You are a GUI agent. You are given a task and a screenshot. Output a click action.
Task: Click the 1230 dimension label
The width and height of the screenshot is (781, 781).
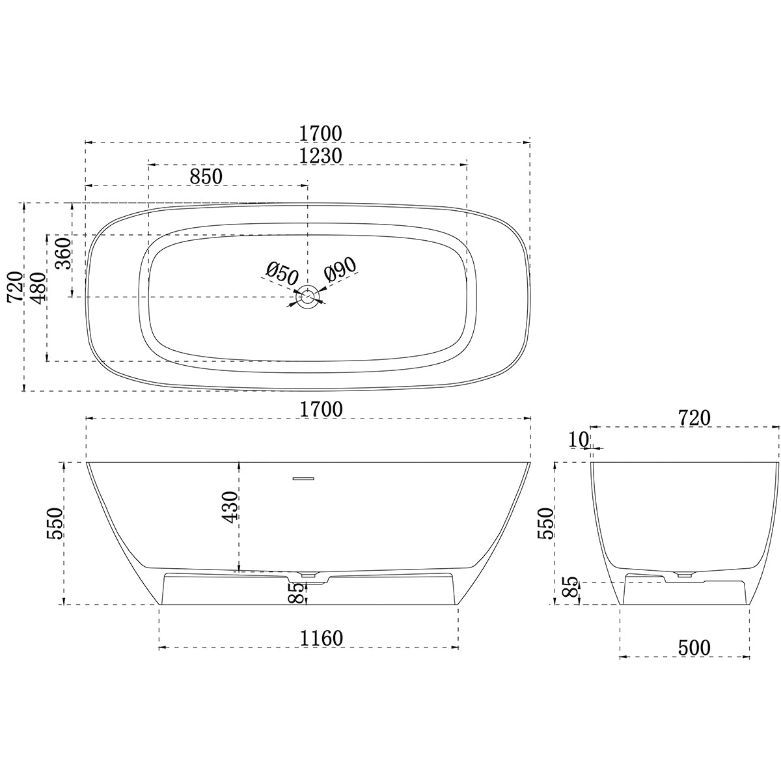tap(321, 156)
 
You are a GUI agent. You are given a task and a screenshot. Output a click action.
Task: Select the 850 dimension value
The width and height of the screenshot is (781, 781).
tap(206, 176)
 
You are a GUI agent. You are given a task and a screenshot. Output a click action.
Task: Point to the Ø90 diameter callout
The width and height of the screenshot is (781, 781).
tap(340, 269)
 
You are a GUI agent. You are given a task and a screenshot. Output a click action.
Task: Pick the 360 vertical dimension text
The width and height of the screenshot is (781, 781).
tap(62, 254)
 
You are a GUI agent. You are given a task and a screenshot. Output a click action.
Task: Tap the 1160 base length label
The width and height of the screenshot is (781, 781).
tap(321, 638)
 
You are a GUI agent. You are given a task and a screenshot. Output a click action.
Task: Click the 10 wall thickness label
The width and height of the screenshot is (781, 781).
tap(579, 439)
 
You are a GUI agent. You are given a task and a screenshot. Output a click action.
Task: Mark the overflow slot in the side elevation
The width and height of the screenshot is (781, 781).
tap(303, 478)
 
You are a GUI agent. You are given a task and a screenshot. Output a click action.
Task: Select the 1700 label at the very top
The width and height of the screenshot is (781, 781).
tap(321, 133)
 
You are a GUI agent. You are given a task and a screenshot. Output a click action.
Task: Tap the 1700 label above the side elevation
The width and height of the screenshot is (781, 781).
tap(321, 409)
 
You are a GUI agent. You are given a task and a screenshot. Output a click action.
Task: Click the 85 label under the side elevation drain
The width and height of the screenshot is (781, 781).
tap(296, 593)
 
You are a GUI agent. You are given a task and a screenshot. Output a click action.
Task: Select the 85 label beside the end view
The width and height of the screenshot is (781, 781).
tap(569, 590)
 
